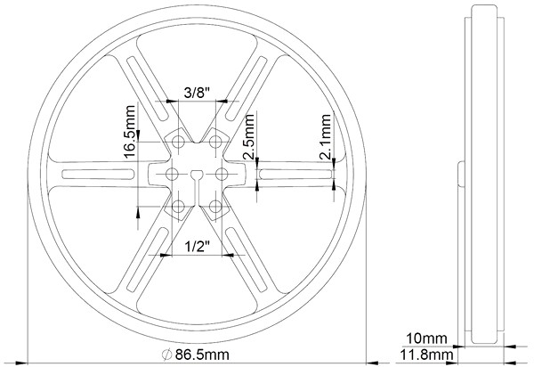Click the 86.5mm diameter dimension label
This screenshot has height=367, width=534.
pyautogui.click(x=202, y=355)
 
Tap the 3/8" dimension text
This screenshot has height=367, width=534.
pyautogui.click(x=197, y=93)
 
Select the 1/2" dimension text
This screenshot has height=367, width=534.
pyautogui.click(x=197, y=246)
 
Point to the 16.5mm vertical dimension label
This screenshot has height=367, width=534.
pyautogui.click(x=130, y=132)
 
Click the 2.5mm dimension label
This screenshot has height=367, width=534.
pyautogui.click(x=248, y=137)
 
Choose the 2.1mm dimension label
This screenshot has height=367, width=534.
pyautogui.click(x=325, y=137)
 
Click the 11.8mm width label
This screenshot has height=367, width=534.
pyautogui.click(x=426, y=355)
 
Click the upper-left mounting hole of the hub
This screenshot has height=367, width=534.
pyautogui.click(x=178, y=142)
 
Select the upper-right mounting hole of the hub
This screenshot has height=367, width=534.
pyautogui.click(x=215, y=142)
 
